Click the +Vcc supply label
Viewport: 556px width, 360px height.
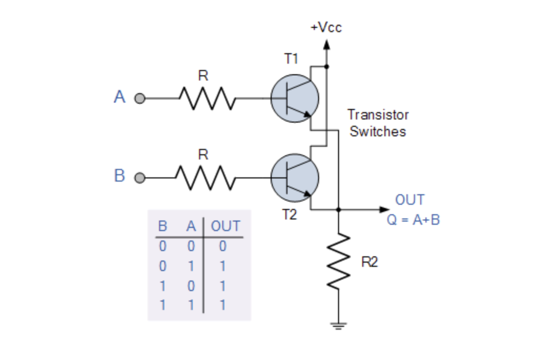click(326, 28)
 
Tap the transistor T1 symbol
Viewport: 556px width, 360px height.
click(294, 98)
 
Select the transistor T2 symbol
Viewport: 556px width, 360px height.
click(294, 178)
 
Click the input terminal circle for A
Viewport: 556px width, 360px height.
click(140, 98)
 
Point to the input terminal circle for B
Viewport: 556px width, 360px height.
click(140, 178)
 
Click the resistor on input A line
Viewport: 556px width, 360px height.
click(207, 98)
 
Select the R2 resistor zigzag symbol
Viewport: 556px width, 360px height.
click(339, 261)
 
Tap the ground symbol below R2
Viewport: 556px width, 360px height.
click(339, 325)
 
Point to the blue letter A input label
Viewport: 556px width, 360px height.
click(120, 97)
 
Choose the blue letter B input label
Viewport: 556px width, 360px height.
click(120, 176)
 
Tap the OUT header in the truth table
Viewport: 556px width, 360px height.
click(225, 227)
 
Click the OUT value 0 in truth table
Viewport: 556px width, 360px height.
click(223, 246)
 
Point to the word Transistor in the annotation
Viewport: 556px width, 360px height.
click(378, 115)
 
